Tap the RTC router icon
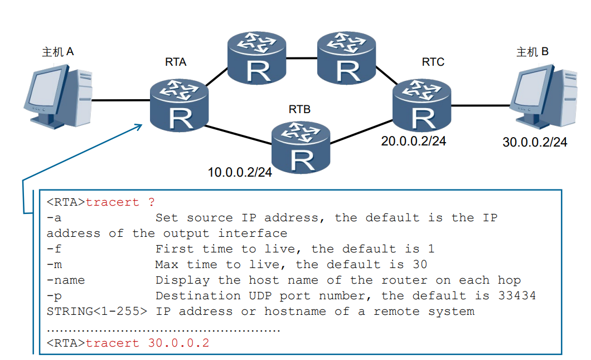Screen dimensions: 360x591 point(422,105)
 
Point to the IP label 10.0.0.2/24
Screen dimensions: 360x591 point(240,173)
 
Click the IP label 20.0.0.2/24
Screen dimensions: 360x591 point(414,141)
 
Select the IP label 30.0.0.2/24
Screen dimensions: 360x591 point(535,143)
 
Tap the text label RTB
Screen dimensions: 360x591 point(299,109)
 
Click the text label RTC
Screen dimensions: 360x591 point(433,62)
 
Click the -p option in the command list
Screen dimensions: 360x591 point(54,296)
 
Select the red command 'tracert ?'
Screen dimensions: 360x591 point(120,202)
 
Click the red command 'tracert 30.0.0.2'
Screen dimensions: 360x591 point(147,343)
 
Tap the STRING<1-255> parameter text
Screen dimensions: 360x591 point(96,312)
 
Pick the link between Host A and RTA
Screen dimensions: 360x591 point(120,101)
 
